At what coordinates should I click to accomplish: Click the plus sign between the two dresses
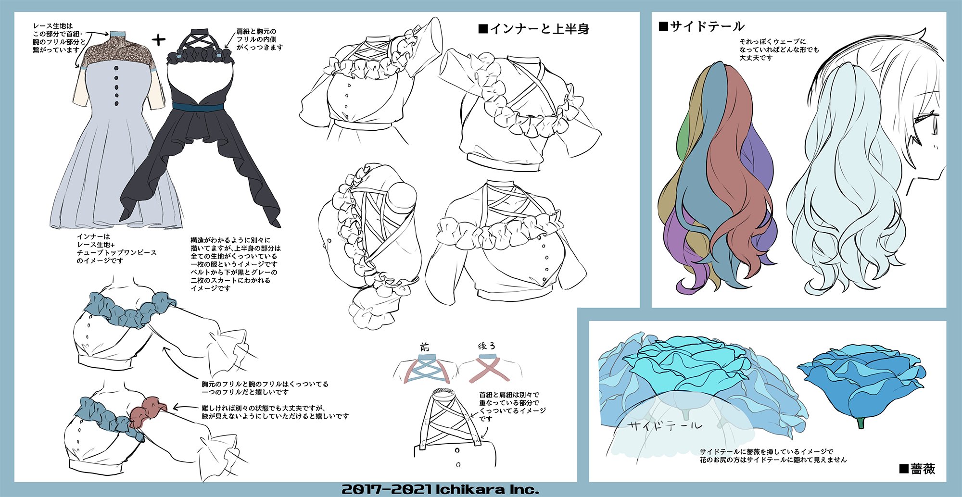coord(159,40)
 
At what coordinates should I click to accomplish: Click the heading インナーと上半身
coord(534,29)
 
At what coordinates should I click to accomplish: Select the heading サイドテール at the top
coord(702,26)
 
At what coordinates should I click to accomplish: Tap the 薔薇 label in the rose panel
coord(917,469)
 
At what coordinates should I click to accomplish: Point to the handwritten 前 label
coord(424,347)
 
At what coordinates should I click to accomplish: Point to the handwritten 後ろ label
coord(486,346)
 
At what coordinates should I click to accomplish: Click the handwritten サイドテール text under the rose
coord(665,425)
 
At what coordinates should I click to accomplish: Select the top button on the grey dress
coord(116,69)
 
